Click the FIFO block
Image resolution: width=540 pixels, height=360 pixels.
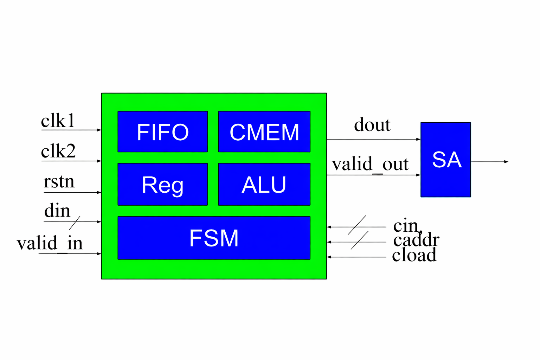[162, 132]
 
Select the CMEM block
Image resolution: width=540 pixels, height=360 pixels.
[264, 132]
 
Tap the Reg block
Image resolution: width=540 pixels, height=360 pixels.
[162, 184]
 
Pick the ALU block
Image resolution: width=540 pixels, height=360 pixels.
[264, 184]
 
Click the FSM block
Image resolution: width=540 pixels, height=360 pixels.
[214, 238]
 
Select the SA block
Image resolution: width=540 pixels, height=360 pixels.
[445, 160]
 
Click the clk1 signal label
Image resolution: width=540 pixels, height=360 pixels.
[58, 121]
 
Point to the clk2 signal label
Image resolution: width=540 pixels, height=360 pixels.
[58, 151]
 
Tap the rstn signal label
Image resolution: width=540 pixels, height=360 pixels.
[59, 182]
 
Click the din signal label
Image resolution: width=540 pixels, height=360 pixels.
[57, 211]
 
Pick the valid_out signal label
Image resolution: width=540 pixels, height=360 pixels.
[370, 164]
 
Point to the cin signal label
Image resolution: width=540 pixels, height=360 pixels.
[406, 226]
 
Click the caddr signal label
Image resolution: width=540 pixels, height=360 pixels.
[416, 240]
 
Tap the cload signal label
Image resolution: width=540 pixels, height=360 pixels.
[414, 255]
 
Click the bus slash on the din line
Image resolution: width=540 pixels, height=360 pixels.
[75, 222]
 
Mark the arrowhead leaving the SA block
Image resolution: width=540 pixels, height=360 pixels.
[506, 162]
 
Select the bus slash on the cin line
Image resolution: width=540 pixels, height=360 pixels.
[357, 225]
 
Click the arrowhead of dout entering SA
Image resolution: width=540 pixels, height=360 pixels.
[418, 139]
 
